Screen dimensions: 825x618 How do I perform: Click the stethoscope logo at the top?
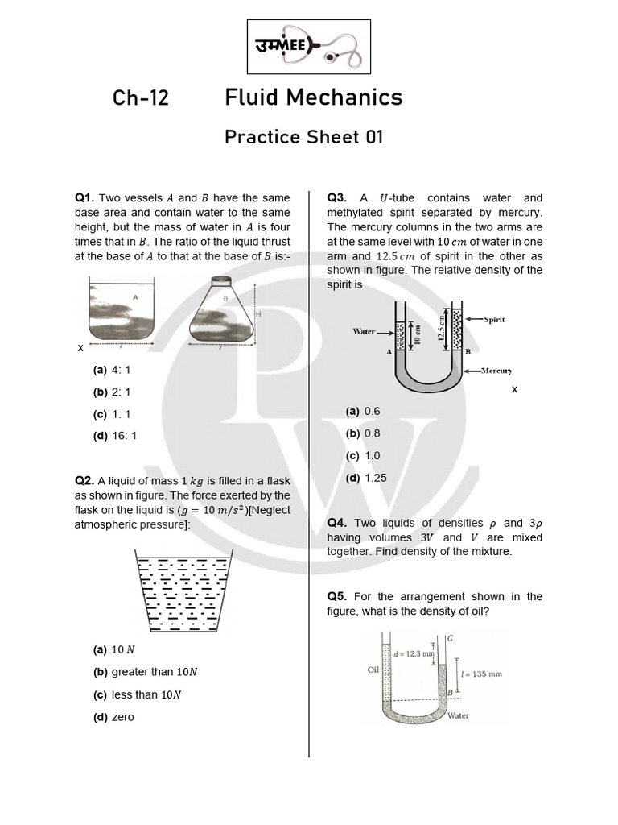308,48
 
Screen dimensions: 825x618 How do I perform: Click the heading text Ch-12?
141,97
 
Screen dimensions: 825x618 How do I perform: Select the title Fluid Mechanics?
313,97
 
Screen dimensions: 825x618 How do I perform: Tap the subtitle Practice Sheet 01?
303,137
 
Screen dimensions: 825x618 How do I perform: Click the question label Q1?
84,198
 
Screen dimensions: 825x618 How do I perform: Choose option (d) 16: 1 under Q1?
116,436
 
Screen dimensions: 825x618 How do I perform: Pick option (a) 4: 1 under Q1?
113,371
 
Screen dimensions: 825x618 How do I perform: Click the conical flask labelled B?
221,311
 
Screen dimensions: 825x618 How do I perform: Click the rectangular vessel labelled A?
121,309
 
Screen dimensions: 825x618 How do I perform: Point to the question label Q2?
84,481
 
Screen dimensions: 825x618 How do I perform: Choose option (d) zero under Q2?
114,717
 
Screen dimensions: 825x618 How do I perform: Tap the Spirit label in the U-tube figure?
494,319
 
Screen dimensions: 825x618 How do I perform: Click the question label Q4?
336,523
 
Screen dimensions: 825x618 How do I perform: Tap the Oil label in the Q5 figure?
373,669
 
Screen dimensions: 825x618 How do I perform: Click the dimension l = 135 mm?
481,674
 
